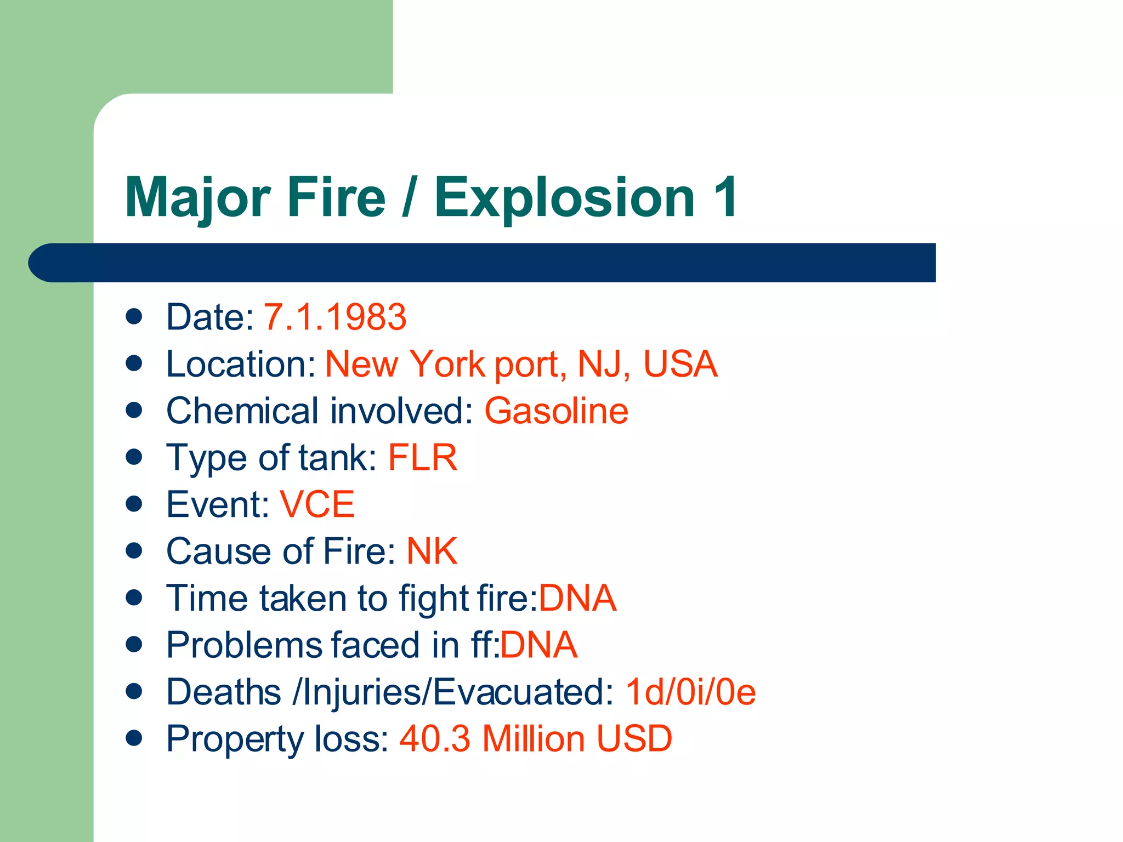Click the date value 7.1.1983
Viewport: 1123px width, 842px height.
coord(335,317)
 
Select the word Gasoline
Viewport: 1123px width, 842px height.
coord(556,411)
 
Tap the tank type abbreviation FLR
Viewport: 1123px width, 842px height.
coord(422,458)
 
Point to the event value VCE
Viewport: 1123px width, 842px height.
coord(317,505)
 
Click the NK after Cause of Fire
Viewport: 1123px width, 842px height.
coord(432,551)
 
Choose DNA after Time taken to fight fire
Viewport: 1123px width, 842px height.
coord(577,598)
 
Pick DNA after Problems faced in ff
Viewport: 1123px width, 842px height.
coord(538,645)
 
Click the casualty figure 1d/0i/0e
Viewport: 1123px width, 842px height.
coord(690,692)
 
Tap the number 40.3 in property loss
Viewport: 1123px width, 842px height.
coord(435,739)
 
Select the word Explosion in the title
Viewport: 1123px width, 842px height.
coord(565,197)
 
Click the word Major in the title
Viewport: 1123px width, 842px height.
coord(197,197)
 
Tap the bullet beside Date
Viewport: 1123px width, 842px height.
coord(134,316)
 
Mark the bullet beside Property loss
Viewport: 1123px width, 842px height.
coord(134,738)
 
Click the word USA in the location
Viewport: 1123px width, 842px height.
coord(680,364)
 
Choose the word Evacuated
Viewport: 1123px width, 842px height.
coord(518,692)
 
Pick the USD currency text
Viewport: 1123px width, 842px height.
coord(634,739)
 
